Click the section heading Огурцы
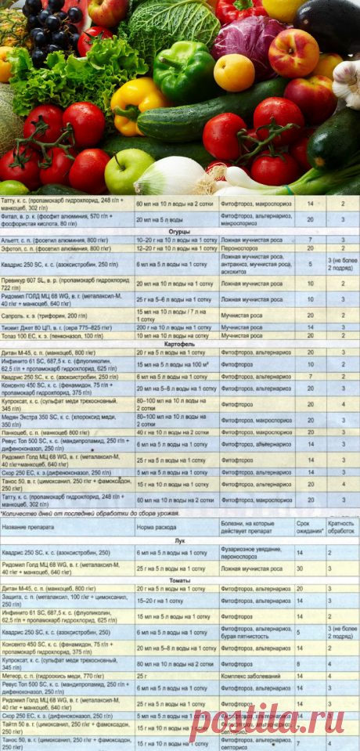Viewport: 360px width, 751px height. pos(179,232)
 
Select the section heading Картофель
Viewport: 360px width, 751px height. pos(179,344)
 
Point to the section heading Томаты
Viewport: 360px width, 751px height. pos(179,579)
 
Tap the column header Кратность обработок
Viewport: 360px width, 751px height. pos(341,525)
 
